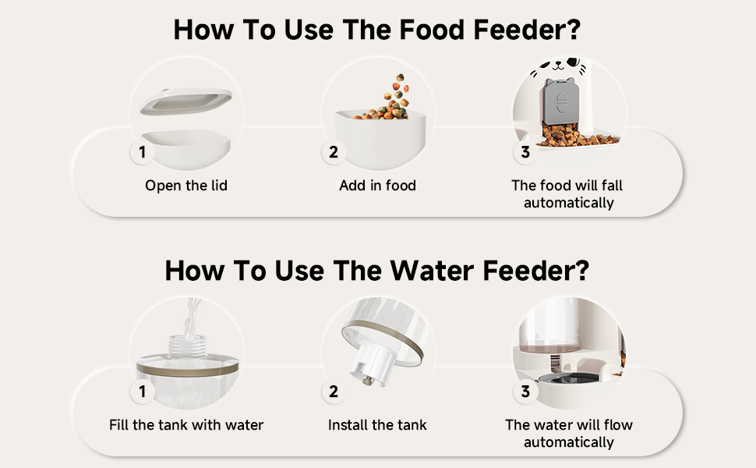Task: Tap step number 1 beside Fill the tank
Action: pyautogui.click(x=142, y=392)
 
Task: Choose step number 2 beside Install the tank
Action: pyautogui.click(x=334, y=392)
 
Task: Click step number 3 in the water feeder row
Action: pyautogui.click(x=525, y=392)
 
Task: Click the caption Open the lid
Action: pyautogui.click(x=186, y=186)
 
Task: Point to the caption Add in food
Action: pyautogui.click(x=377, y=186)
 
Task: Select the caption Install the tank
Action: pyautogui.click(x=377, y=425)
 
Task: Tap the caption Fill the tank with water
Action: pyautogui.click(x=186, y=425)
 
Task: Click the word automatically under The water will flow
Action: pyautogui.click(x=568, y=442)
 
